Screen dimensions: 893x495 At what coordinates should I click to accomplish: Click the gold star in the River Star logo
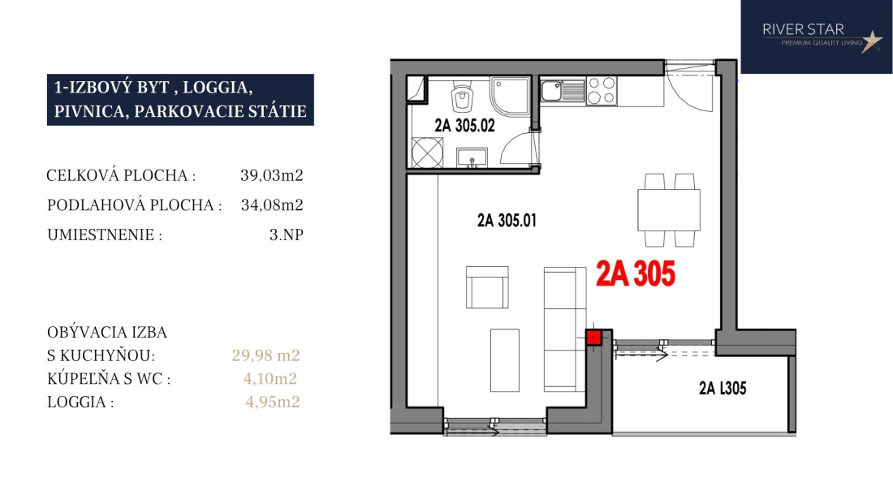pyautogui.click(x=871, y=41)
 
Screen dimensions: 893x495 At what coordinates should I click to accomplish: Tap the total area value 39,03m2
pyautogui.click(x=272, y=175)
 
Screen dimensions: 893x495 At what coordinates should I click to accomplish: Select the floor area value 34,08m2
pyautogui.click(x=272, y=204)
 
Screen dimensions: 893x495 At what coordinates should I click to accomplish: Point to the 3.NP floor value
pyautogui.click(x=287, y=235)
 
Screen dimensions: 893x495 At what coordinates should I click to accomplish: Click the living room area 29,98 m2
pyautogui.click(x=266, y=355)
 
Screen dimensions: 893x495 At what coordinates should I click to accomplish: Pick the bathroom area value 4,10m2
pyautogui.click(x=270, y=378)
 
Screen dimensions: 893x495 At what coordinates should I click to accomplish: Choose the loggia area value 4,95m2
pyautogui.click(x=272, y=402)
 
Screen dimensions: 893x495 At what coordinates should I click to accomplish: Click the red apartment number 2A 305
pyautogui.click(x=636, y=273)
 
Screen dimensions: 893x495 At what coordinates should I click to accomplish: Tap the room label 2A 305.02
pyautogui.click(x=464, y=126)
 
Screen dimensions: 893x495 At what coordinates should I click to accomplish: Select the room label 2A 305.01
pyautogui.click(x=507, y=220)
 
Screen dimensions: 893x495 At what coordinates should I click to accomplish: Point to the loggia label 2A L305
pyautogui.click(x=723, y=389)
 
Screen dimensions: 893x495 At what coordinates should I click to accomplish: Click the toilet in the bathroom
pyautogui.click(x=463, y=97)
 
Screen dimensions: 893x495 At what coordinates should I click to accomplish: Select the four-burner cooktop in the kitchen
pyautogui.click(x=602, y=91)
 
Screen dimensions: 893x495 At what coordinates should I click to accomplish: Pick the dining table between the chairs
pyautogui.click(x=669, y=210)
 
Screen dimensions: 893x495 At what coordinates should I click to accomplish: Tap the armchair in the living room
pyautogui.click(x=487, y=287)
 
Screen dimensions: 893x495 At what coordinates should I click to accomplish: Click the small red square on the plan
pyautogui.click(x=594, y=338)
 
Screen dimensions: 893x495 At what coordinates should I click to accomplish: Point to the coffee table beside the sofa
pyautogui.click(x=505, y=360)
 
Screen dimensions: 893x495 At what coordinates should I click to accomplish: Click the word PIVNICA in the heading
pyautogui.click(x=88, y=111)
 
